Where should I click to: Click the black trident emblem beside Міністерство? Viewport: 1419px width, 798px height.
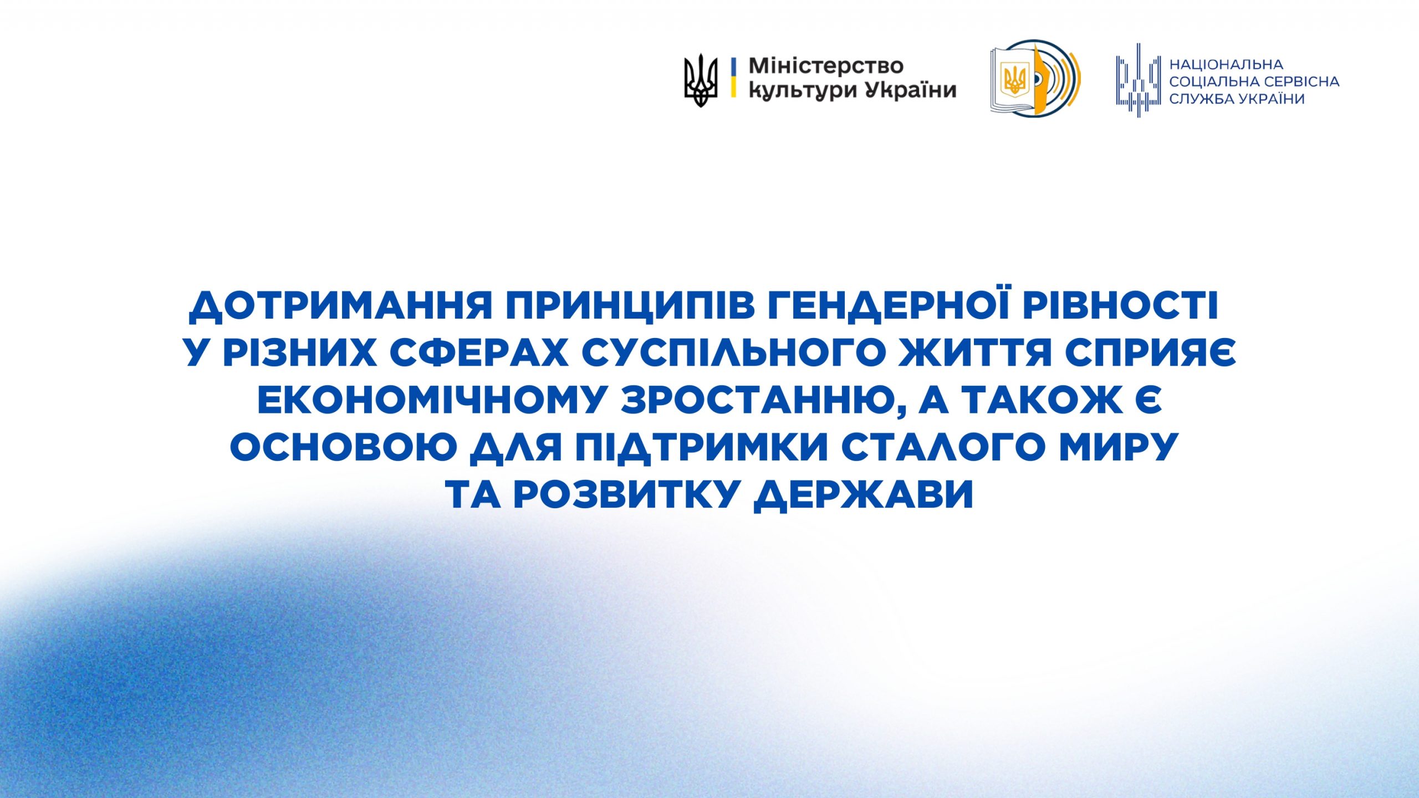[x=701, y=80]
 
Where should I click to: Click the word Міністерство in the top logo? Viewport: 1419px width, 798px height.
[x=826, y=66]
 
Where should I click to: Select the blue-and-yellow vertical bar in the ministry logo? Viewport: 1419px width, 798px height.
[x=733, y=78]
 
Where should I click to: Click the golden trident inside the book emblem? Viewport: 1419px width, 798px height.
[x=1015, y=78]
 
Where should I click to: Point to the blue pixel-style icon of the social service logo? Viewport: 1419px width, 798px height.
[x=1139, y=80]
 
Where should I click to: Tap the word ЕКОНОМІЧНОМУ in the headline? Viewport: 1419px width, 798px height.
[x=431, y=399]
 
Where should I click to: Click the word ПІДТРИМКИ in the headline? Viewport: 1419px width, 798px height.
[x=700, y=446]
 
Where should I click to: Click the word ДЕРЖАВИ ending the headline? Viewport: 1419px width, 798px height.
[x=863, y=494]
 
